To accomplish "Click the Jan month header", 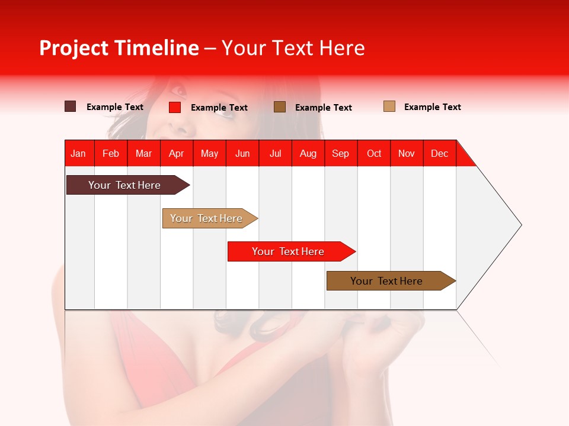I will pos(79,153).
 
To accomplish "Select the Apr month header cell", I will pos(177,153).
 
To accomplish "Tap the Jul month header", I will pos(275,153).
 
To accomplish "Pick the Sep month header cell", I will pos(341,153).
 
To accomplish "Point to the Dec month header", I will pos(439,153).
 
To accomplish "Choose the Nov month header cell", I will pos(407,153).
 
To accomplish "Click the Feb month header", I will pos(111,153).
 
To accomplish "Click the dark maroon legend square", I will pos(71,106).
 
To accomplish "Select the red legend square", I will pos(175,107).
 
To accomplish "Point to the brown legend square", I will pos(280,106).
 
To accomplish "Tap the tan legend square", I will pos(389,106).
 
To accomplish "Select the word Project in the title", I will pos(73,48).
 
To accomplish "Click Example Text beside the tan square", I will pos(432,107).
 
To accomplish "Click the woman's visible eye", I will pos(178,91).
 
